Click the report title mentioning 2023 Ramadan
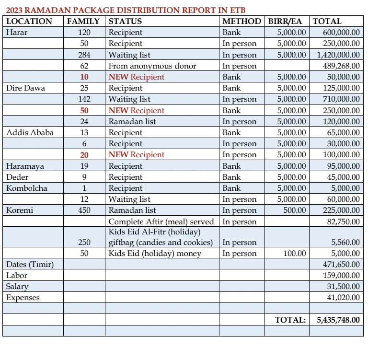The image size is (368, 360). (x=126, y=10)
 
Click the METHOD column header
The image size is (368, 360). (x=241, y=21)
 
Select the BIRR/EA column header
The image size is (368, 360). (x=285, y=21)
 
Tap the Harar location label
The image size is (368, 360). (x=17, y=33)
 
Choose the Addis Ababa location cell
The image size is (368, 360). (x=30, y=132)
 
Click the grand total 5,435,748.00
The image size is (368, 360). (x=338, y=320)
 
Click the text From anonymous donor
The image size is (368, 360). (x=152, y=66)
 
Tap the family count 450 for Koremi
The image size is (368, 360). (x=84, y=210)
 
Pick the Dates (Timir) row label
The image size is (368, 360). (x=30, y=264)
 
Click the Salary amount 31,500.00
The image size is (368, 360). (x=343, y=287)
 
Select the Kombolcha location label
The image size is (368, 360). (x=27, y=188)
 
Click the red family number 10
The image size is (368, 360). (x=84, y=77)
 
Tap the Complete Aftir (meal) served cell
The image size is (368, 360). (x=161, y=221)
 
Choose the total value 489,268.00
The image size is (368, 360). (x=341, y=66)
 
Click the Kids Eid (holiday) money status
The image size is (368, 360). (x=155, y=253)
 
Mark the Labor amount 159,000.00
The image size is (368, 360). (x=341, y=276)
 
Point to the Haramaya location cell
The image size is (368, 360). (x=25, y=166)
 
